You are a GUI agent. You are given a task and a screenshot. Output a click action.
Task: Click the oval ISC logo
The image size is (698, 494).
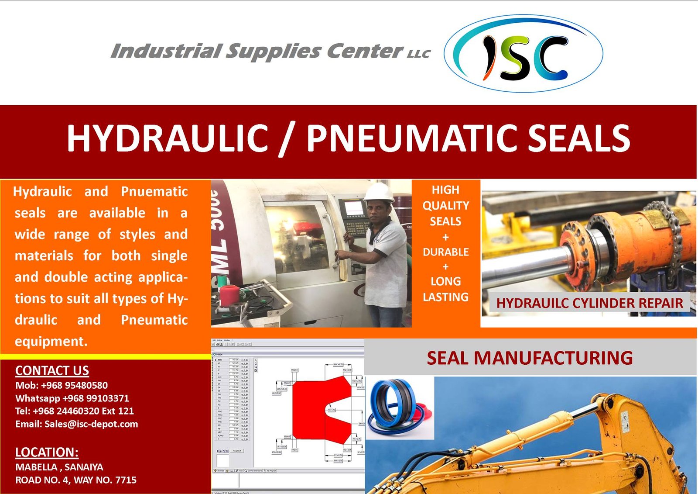coord(523,53)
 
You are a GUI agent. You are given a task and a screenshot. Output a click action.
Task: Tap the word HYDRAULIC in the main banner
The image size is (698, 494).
coord(167,138)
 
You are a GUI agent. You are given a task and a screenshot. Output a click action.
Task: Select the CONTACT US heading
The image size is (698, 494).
coord(52,370)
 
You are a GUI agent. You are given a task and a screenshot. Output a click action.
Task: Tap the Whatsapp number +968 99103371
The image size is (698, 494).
coord(96,398)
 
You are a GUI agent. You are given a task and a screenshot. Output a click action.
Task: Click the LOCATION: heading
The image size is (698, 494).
coord(47,452)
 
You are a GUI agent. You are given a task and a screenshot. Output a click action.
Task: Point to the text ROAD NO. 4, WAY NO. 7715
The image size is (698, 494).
coord(75,480)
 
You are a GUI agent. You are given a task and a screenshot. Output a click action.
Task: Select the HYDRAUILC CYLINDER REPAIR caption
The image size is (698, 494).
coord(589,303)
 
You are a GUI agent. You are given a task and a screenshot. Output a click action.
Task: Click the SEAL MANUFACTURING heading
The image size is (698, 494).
coord(530,358)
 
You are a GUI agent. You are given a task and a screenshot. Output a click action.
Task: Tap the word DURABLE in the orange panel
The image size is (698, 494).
coord(445,252)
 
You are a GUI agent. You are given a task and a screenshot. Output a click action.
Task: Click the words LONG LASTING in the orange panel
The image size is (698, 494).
coord(445,289)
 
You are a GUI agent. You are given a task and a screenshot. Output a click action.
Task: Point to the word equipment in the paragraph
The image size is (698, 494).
coord(51,341)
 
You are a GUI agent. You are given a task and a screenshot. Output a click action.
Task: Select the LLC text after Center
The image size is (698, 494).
coord(418,54)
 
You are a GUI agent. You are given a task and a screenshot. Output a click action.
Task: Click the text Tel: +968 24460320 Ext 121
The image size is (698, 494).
coord(74,411)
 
